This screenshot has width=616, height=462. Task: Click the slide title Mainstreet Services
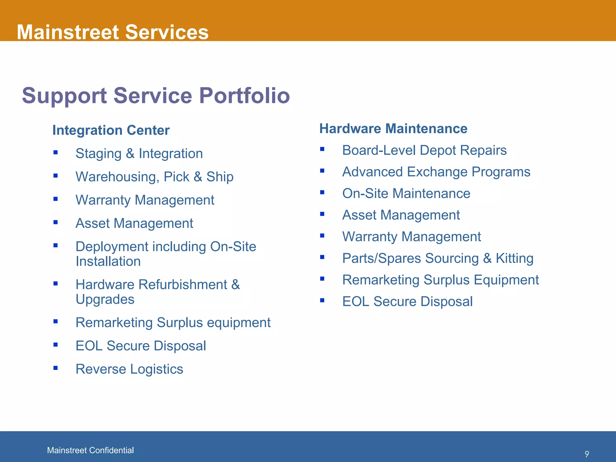click(112, 32)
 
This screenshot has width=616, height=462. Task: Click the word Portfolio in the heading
click(244, 96)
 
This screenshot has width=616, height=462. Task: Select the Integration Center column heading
click(111, 130)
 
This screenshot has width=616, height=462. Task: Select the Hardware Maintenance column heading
click(393, 129)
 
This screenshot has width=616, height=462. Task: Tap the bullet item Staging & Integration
click(139, 154)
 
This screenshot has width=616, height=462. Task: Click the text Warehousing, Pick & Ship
click(154, 177)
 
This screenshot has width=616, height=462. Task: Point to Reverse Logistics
click(129, 369)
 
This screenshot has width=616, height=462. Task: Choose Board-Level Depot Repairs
click(424, 150)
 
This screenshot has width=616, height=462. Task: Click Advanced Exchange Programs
click(436, 172)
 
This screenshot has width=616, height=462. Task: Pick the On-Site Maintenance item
click(406, 193)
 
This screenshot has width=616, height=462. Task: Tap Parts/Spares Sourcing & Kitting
click(438, 258)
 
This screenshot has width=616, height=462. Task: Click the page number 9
click(587, 454)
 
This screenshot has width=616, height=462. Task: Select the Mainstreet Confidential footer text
click(90, 450)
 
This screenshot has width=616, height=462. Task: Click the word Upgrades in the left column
click(105, 299)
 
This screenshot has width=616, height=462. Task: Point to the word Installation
click(108, 261)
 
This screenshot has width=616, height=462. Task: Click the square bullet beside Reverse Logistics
click(55, 368)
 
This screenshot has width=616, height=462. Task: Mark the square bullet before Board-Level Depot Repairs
click(322, 149)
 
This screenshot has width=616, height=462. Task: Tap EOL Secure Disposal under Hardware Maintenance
click(407, 302)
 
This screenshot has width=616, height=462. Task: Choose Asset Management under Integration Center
click(134, 223)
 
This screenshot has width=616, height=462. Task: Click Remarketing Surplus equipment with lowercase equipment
click(173, 323)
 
